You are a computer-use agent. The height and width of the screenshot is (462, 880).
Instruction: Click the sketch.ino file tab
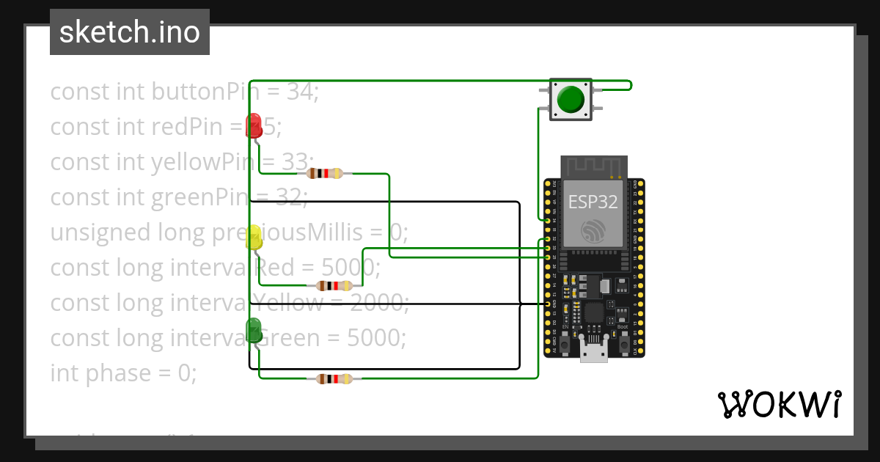coord(130,32)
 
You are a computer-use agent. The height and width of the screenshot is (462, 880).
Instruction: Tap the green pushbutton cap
coord(571,99)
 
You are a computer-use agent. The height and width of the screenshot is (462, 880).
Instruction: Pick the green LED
coord(254,329)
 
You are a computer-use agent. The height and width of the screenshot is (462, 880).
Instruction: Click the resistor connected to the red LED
coord(324,174)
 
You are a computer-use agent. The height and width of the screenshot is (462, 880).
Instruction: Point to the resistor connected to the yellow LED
coord(334,286)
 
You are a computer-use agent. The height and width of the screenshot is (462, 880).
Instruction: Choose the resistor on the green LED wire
coord(334,379)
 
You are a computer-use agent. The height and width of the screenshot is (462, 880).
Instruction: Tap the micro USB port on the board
coord(594,351)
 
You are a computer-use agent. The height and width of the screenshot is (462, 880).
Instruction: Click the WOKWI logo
coord(779,405)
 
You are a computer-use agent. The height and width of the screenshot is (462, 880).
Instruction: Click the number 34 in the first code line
coord(299,92)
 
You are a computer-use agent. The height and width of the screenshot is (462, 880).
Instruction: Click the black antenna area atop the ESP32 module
coord(594,166)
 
